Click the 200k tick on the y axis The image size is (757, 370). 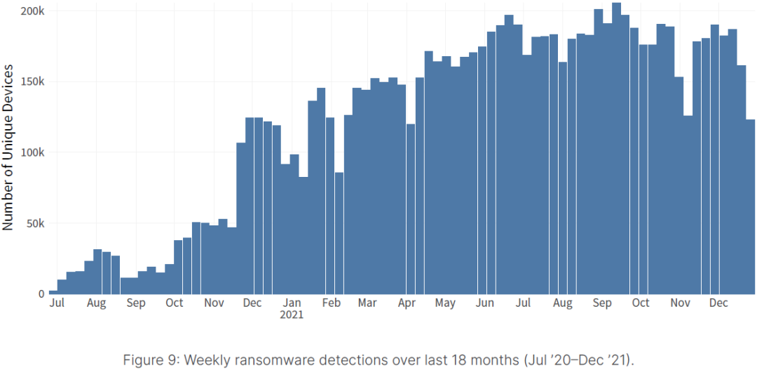tap(32, 12)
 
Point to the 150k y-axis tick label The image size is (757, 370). tap(32, 82)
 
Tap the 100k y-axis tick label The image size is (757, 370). tap(32, 153)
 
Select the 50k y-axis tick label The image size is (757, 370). tap(35, 224)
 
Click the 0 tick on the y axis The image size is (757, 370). tap(41, 294)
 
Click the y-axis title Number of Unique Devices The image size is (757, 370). tap(8, 147)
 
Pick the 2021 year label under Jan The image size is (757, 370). tap(292, 315)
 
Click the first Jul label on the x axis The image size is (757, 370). tap(57, 303)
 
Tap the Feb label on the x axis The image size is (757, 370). tap(331, 303)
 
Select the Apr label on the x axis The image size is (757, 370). tap(407, 303)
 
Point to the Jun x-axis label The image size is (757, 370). tap(484, 303)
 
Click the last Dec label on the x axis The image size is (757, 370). tap(718, 303)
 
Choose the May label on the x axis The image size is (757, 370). tap(444, 303)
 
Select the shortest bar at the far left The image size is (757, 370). tap(53, 292)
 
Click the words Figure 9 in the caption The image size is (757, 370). tap(148, 360)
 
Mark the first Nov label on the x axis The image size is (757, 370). tap(214, 303)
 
